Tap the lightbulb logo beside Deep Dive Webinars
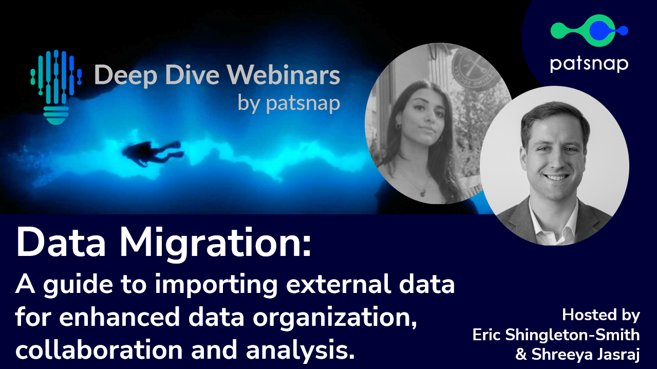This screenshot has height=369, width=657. [x=56, y=87]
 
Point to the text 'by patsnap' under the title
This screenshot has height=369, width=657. [x=289, y=103]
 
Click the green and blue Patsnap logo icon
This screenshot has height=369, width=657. [x=589, y=30]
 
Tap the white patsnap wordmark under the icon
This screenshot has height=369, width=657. [x=589, y=64]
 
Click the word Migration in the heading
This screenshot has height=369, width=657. [x=216, y=244]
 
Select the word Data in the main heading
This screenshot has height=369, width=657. [x=61, y=243]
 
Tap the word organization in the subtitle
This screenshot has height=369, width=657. [x=334, y=318]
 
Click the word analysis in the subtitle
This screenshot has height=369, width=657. [x=301, y=350]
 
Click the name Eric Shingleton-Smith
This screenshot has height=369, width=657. [x=556, y=335]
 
